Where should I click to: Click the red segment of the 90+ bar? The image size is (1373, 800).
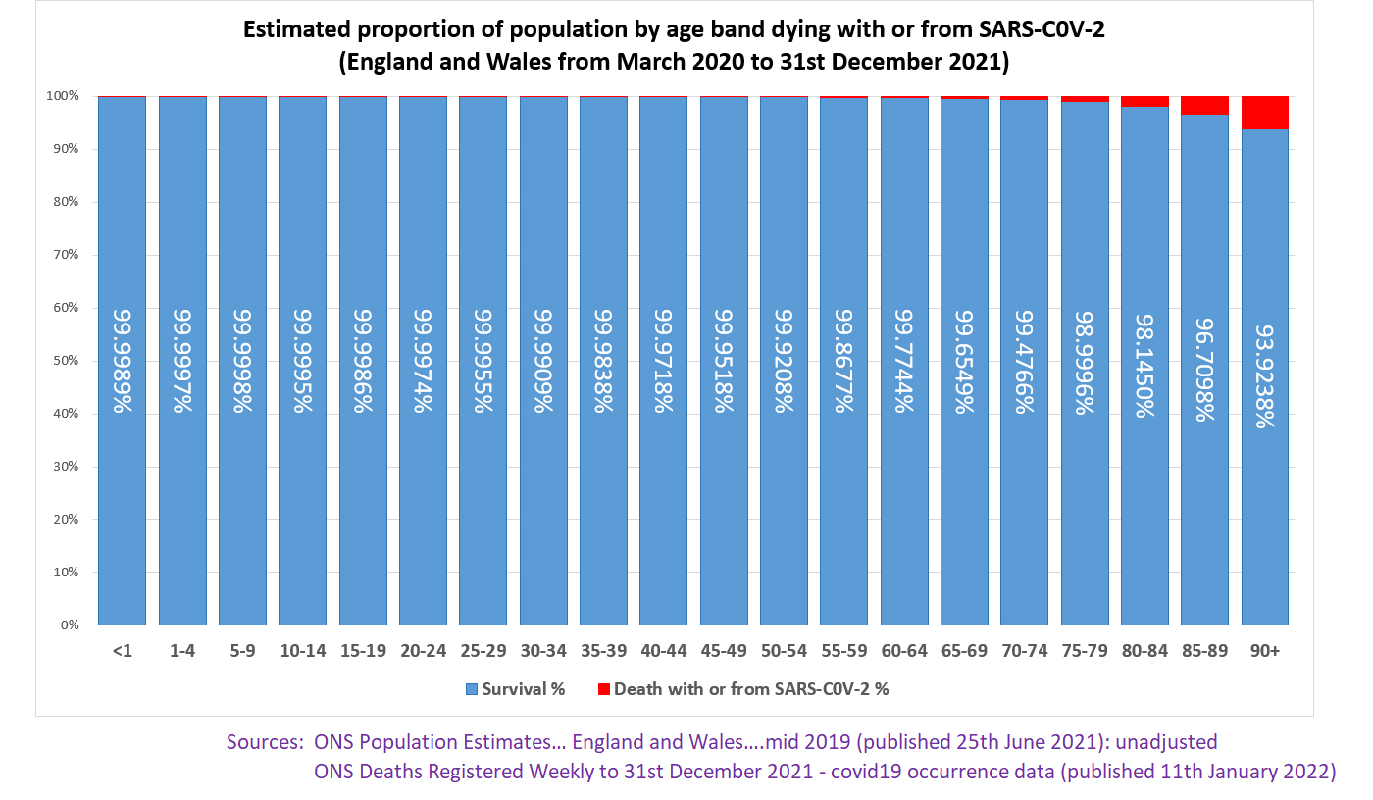[x=1265, y=113]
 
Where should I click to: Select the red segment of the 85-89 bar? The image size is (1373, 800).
[x=1204, y=106]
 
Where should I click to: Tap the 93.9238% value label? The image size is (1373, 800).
[x=1265, y=361]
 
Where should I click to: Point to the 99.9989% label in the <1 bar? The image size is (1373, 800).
[x=123, y=361]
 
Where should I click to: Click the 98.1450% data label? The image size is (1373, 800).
[x=1144, y=361]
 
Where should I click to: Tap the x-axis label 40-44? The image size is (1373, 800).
[x=663, y=650]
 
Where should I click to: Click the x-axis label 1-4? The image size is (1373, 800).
[x=182, y=650]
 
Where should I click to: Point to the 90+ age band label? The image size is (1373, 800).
[x=1265, y=650]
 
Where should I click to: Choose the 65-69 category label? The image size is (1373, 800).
[x=964, y=650]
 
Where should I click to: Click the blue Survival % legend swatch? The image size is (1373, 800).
[x=471, y=689]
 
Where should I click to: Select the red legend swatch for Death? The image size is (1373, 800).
[x=603, y=689]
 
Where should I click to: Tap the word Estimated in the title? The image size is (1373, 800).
[x=292, y=30]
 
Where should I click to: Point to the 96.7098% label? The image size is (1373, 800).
[x=1204, y=361]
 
